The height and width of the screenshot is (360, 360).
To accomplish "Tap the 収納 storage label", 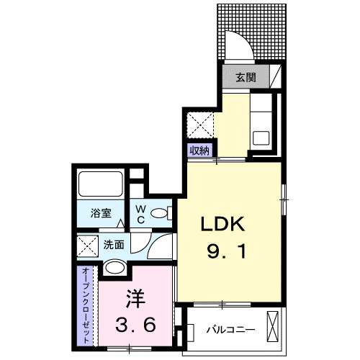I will pyautogui.click(x=199, y=150).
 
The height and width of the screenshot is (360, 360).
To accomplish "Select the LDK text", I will pyautogui.click(x=223, y=225).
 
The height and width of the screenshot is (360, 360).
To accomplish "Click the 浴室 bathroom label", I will pyautogui.click(x=101, y=214).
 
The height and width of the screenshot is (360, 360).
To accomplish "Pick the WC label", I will pyautogui.click(x=142, y=214).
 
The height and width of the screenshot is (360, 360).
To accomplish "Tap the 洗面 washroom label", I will pyautogui.click(x=113, y=245).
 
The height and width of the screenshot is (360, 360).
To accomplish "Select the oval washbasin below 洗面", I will pyautogui.click(x=114, y=269).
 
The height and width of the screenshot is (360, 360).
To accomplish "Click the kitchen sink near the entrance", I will pyautogui.click(x=261, y=135).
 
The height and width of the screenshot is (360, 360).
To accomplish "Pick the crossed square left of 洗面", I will pyautogui.click(x=88, y=246).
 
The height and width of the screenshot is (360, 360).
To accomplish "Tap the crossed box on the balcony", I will pyautogui.click(x=274, y=324).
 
